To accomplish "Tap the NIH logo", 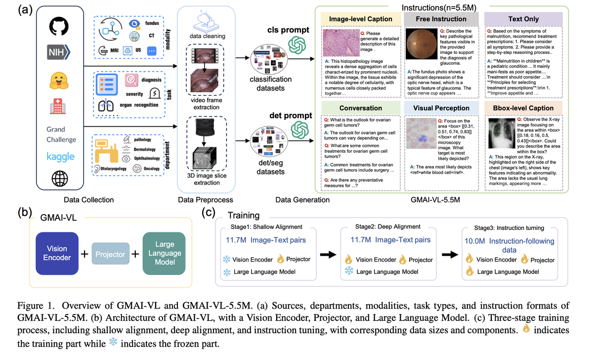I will coord(59,52).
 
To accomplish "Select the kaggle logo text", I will coord(60,157).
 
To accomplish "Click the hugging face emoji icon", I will coord(59,79).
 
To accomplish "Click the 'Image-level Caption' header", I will coord(361,19).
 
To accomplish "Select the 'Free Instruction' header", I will coord(441,19).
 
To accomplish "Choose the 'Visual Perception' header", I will coord(441,108).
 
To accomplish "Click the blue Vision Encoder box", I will coord(57,254).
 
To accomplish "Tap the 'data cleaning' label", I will coord(208,37).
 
